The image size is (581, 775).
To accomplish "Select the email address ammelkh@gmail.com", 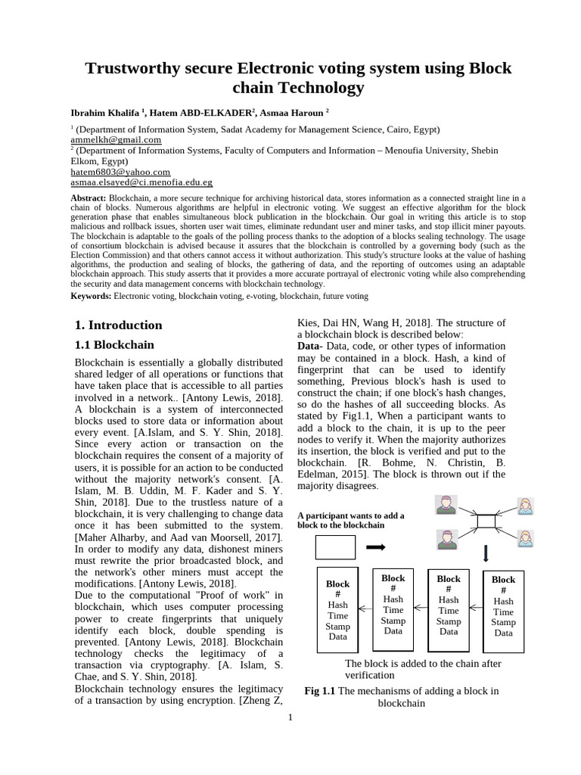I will coord(116,140).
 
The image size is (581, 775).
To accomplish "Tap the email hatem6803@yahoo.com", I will coord(120,172).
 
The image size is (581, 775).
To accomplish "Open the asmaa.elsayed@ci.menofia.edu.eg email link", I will coord(141,182).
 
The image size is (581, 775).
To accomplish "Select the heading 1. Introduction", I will coord(118,325).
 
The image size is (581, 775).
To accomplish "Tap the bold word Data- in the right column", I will coord(310,346).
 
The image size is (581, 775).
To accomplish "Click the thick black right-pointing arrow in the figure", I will coord(376,546).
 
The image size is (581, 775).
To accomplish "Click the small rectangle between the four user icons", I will coord(486,521).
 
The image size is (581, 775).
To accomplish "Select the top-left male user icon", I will coord(446,505).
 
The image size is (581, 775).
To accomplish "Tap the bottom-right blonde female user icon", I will coord(525,537).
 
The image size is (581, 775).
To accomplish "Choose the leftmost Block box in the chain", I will coord(337,610).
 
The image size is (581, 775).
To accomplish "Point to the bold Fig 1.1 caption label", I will coord(319,691).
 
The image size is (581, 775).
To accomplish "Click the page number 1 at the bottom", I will coord(290,717).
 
